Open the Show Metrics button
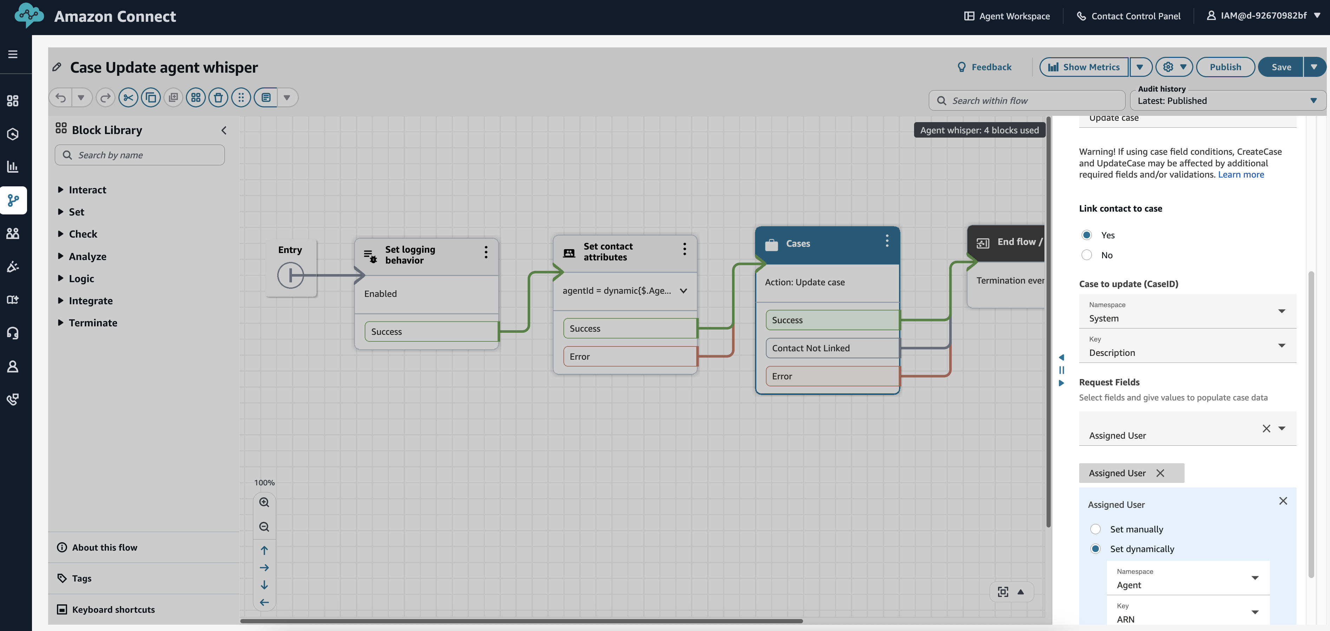click(1084, 67)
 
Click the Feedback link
click(985, 67)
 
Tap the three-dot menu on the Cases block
click(887, 241)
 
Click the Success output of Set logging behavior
click(431, 332)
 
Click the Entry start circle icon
click(290, 275)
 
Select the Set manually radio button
click(1095, 529)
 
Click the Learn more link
click(1241, 175)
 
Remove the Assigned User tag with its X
click(1160, 473)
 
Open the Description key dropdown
click(1187, 346)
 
